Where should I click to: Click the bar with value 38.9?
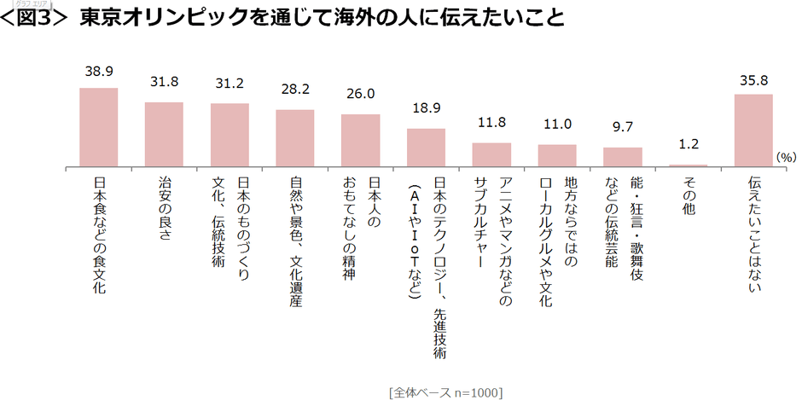pos(98,127)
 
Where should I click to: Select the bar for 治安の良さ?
pos(164,134)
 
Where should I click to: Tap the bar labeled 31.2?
pos(230,135)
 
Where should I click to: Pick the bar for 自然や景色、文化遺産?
pos(295,138)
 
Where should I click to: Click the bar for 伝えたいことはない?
pos(753,130)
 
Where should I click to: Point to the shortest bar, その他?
pos(689,165)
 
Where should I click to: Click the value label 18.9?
pos(426,109)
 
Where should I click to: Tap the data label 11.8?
pos(491,124)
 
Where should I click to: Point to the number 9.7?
pos(623,128)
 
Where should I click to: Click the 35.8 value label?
pos(753,81)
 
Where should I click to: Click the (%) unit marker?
pos(786,158)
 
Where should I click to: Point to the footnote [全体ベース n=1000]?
pos(445,393)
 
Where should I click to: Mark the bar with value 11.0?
pos(557,155)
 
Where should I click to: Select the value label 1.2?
pos(689,146)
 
